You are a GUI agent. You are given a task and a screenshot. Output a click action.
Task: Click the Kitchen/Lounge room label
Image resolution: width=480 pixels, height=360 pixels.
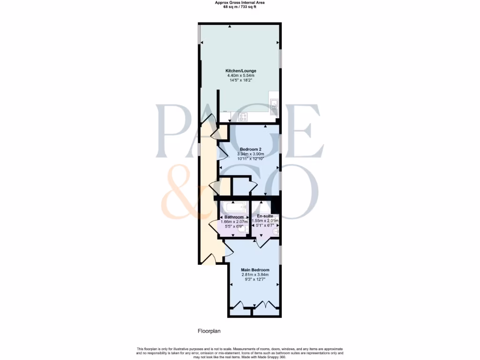(x=240, y=71)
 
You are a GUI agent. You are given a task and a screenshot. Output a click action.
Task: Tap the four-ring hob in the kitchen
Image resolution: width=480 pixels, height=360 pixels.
(x=243, y=117)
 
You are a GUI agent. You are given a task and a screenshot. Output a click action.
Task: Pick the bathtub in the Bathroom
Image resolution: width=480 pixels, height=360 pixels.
(x=232, y=207)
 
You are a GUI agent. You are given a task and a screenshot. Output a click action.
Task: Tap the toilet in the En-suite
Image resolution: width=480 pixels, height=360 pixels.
(x=276, y=230)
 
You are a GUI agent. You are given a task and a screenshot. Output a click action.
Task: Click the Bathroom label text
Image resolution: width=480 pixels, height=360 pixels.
(x=234, y=217)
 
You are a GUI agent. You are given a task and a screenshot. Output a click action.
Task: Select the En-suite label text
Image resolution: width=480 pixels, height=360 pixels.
(x=265, y=216)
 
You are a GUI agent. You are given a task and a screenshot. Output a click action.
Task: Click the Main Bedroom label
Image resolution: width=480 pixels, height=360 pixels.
(x=255, y=270)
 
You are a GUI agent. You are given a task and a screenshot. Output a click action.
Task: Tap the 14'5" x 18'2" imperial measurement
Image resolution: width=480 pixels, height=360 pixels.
(x=240, y=80)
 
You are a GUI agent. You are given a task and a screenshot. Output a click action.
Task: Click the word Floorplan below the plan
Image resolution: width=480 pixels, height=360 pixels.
(x=209, y=331)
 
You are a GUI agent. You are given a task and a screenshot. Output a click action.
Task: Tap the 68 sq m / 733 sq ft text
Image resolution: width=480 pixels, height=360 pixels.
(x=240, y=6)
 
